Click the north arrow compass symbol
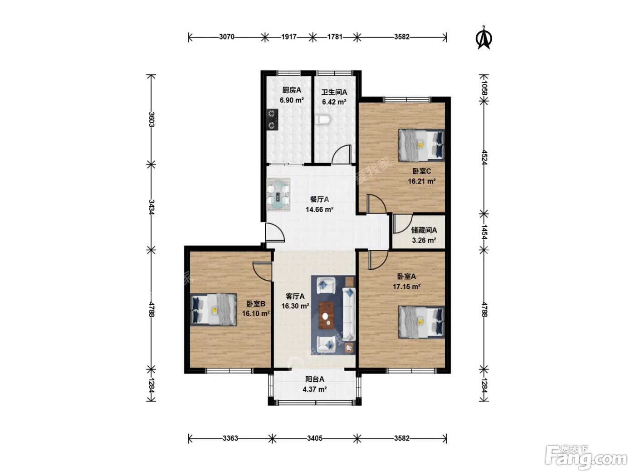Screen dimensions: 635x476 [484, 38]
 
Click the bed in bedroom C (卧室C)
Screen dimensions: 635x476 [421, 145]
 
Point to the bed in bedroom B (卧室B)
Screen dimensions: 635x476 [214, 310]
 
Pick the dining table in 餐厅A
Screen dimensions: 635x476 [278, 194]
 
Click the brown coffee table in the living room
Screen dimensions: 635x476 [326, 315]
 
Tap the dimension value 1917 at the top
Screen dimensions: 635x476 [289, 37]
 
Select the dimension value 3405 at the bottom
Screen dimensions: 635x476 [314, 438]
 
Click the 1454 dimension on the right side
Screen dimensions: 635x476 [484, 232]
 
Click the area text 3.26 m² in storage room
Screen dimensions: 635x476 [424, 240]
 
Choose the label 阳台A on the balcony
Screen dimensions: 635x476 [315, 379]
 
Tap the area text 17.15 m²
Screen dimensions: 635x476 [406, 287]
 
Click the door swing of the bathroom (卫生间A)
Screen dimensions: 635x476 [342, 154]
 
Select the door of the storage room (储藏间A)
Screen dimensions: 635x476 [402, 223]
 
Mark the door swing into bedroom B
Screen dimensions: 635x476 [262, 272]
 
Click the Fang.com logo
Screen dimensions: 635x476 [586, 458]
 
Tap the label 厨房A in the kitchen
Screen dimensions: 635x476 [292, 90]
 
